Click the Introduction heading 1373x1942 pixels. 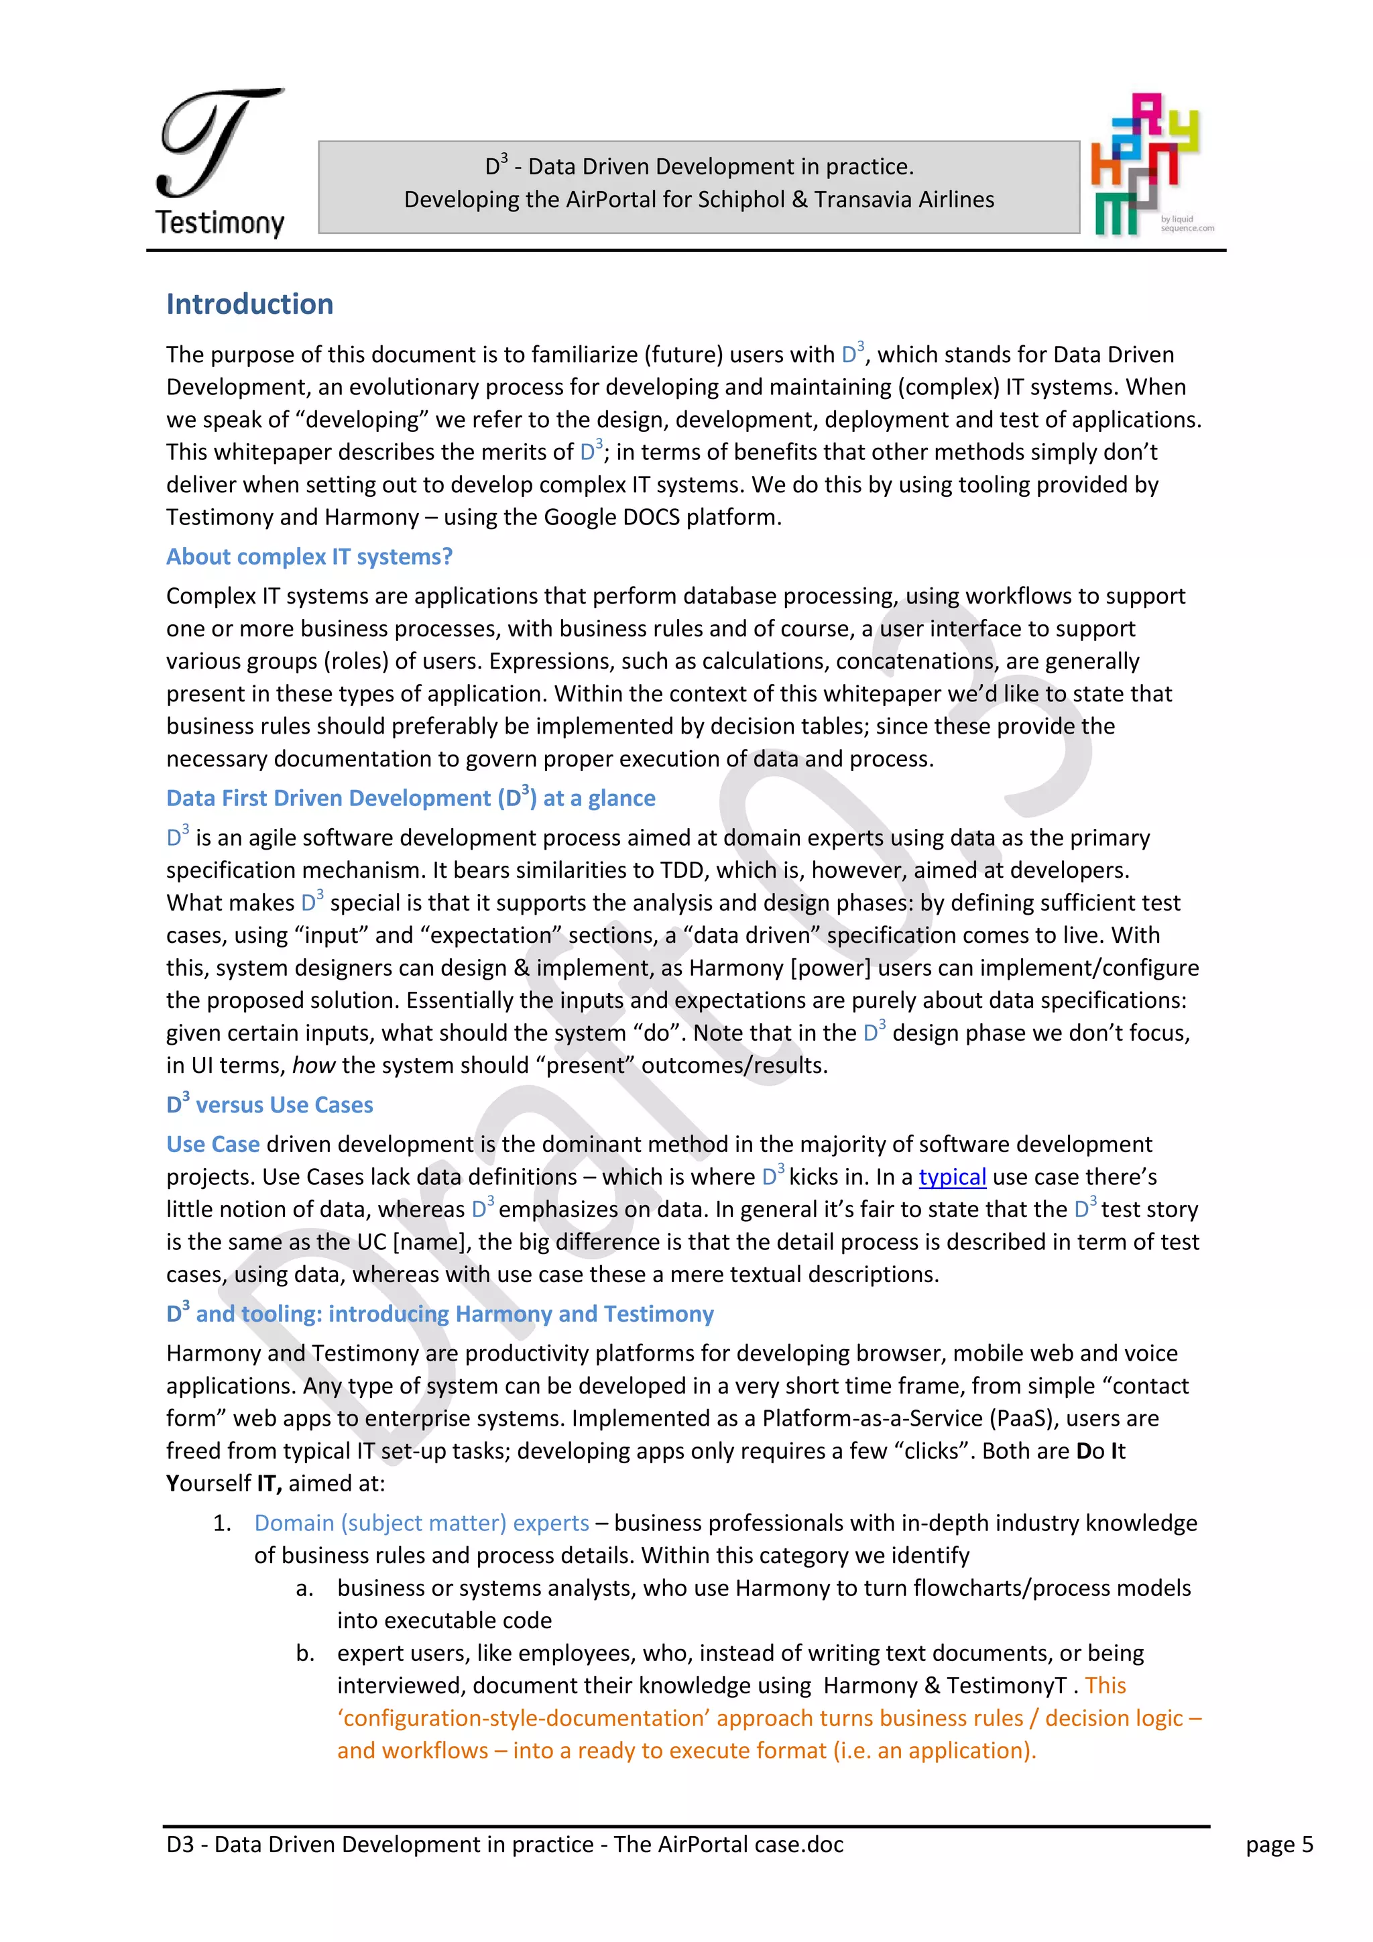tap(249, 304)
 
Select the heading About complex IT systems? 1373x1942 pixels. tap(310, 557)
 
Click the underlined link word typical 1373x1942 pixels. tap(952, 1178)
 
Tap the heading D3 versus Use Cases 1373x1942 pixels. tap(270, 1104)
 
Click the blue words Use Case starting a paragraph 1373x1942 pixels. tap(213, 1145)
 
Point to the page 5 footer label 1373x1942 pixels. tap(1278, 1845)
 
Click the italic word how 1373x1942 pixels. tap(314, 1066)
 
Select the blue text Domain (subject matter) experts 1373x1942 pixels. tap(421, 1524)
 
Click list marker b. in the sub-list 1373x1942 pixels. tap(305, 1654)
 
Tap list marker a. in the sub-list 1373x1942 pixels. tap(305, 1589)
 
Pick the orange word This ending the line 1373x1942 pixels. tap(1105, 1686)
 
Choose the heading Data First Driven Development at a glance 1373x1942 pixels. tap(411, 799)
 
